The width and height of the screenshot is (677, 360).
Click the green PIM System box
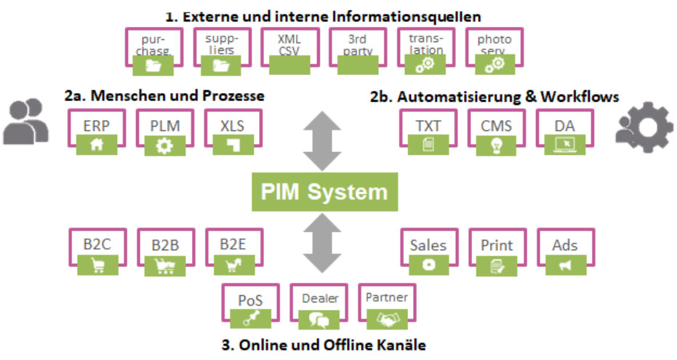[325, 193]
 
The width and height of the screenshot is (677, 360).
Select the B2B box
[164, 252]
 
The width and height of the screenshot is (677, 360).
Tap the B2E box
[233, 252]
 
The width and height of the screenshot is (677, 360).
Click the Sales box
[428, 252]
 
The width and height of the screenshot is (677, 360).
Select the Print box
[497, 252]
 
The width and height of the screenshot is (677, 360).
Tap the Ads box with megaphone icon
[565, 252]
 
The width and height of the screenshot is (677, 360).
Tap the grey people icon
[26, 122]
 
